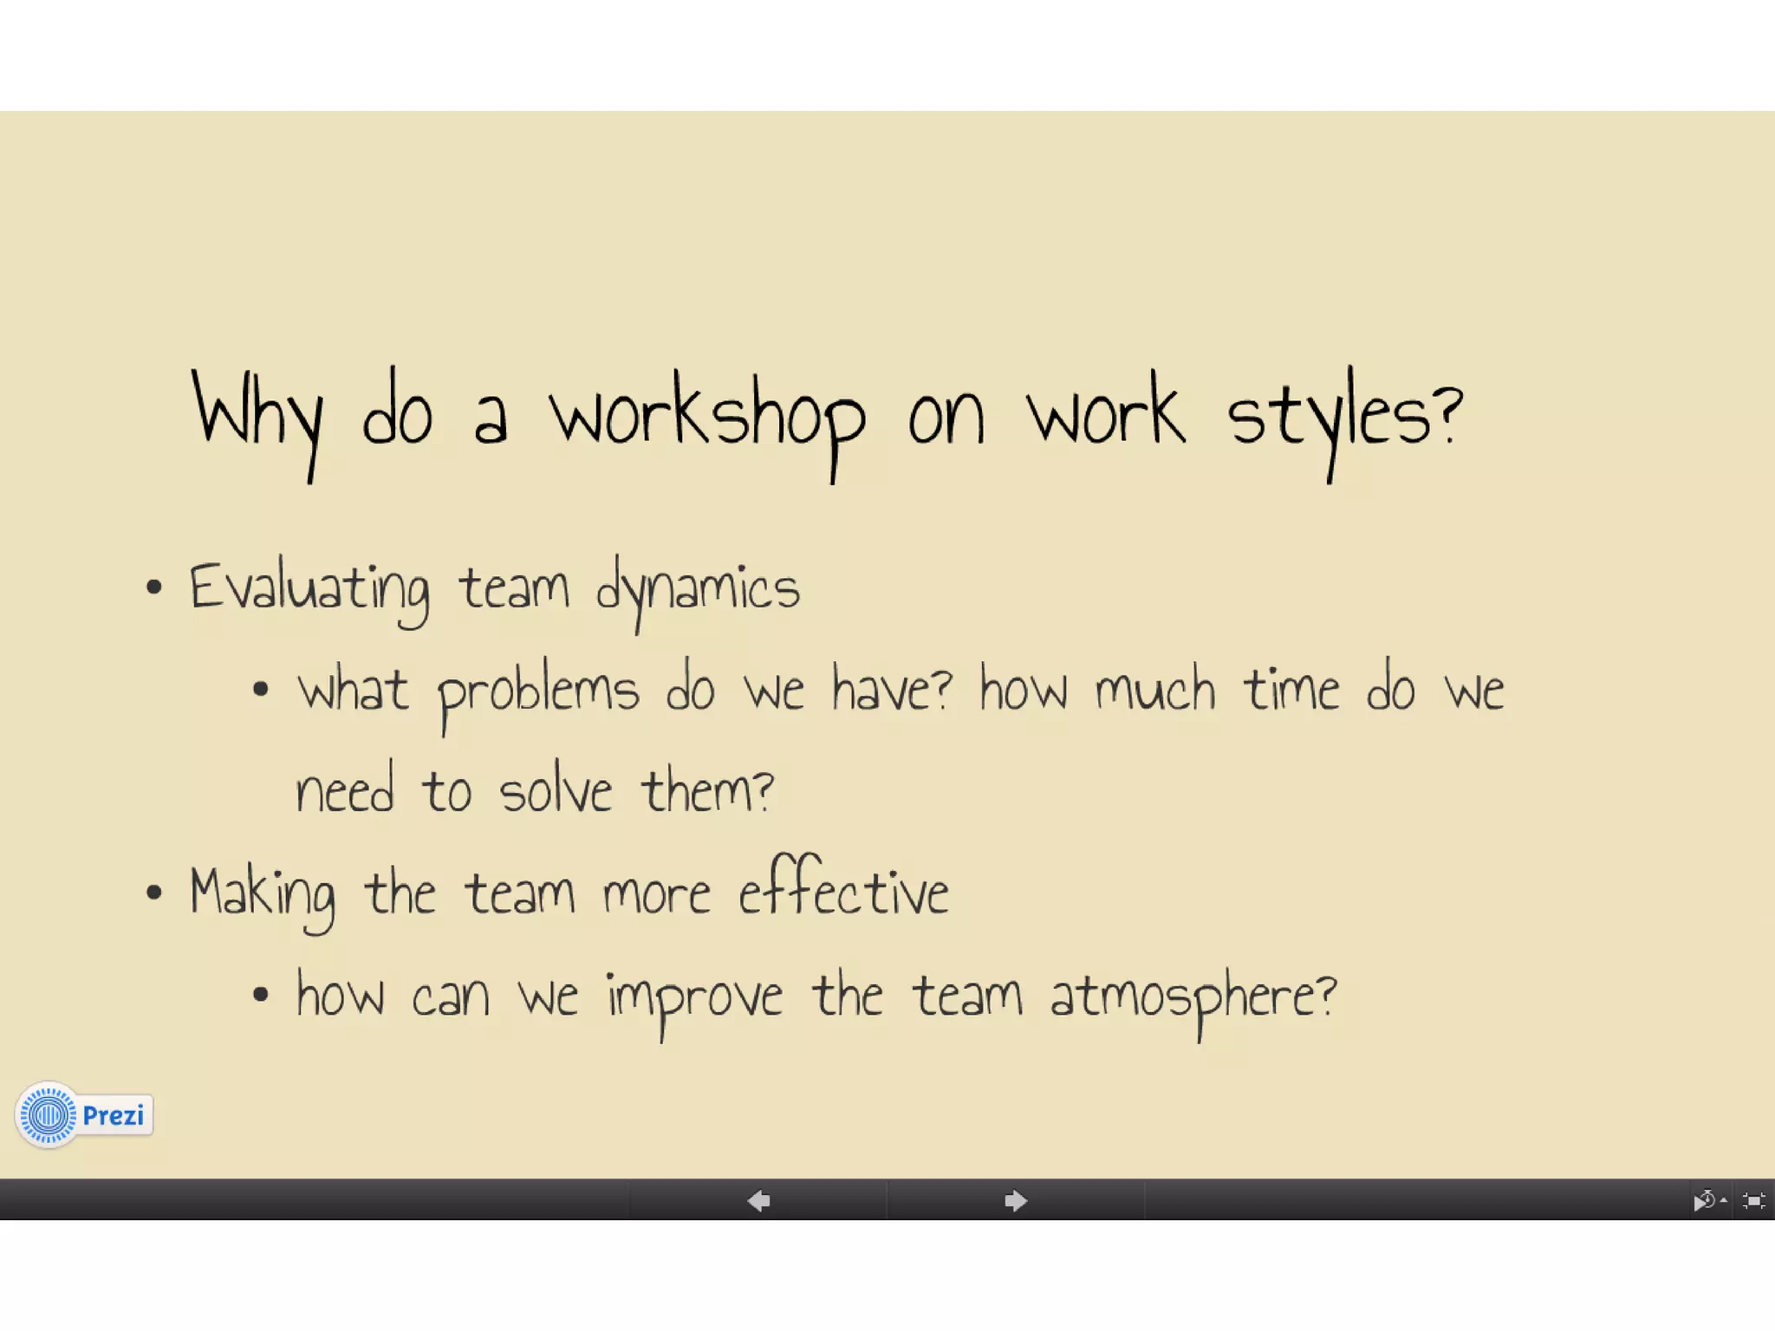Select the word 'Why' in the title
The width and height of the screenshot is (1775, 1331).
(257, 416)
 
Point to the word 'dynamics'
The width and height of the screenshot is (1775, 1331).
(698, 589)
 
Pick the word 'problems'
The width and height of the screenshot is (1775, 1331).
(538, 692)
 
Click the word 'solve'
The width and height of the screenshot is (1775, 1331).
(556, 792)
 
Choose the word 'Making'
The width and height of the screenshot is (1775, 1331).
(263, 894)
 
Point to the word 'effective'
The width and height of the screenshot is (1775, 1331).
(843, 890)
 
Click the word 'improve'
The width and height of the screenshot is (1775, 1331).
(694, 997)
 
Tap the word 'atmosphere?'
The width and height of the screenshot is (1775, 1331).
(1193, 997)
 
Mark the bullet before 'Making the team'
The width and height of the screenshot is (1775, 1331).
(154, 893)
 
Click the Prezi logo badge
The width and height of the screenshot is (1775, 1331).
(84, 1115)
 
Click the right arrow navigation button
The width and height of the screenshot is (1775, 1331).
(1015, 1201)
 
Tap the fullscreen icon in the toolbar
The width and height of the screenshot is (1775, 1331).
(1753, 1201)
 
